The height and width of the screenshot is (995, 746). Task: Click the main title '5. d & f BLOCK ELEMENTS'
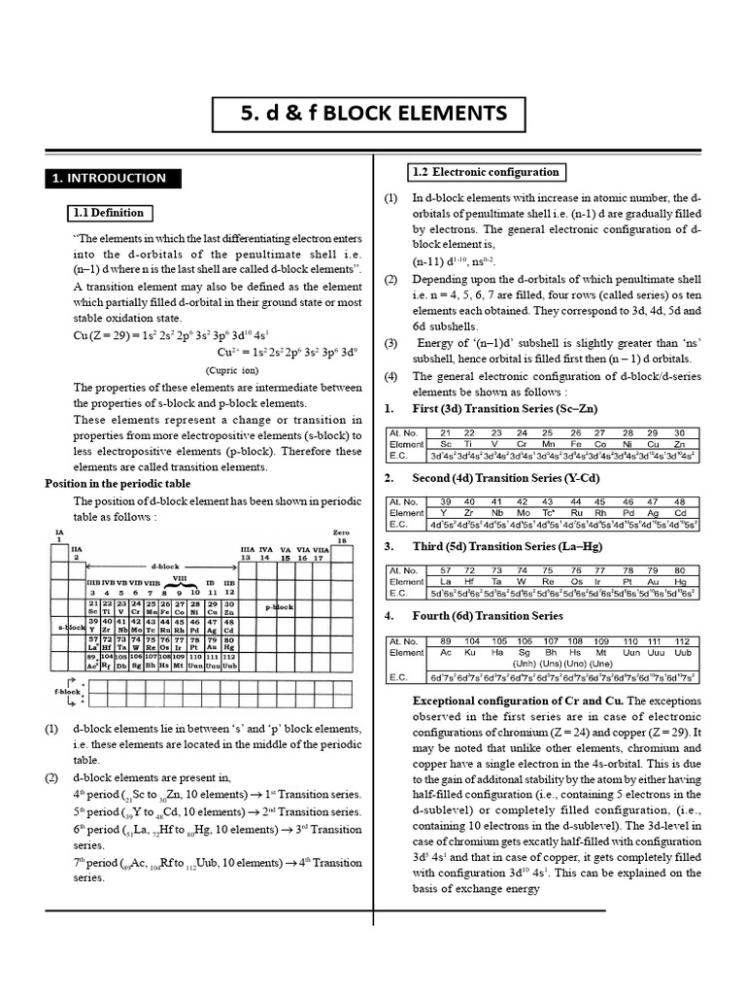373,114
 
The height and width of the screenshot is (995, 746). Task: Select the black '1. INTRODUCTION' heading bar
109,178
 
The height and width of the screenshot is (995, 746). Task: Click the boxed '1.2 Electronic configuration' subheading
486,172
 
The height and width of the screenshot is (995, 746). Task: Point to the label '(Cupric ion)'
230,370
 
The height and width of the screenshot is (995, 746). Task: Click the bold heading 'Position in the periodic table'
118,483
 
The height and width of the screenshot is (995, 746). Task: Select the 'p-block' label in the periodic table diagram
280,606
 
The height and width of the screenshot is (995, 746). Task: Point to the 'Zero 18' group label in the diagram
340,536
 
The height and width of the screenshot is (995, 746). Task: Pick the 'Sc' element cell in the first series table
445,443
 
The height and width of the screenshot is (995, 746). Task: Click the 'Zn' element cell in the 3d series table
679,443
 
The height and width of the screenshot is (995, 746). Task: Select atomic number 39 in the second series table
445,501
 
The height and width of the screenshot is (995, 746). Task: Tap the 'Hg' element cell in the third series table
679,581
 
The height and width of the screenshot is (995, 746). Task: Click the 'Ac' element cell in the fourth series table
445,653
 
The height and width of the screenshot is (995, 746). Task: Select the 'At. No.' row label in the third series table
403,570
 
